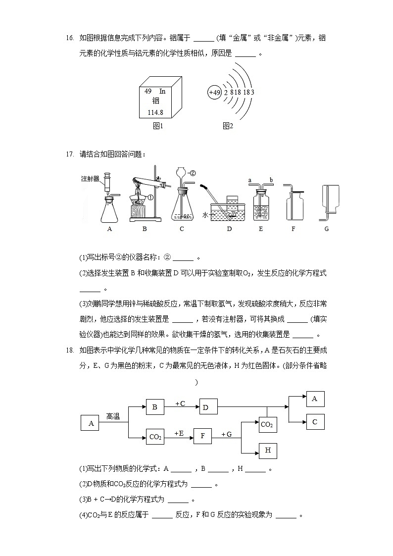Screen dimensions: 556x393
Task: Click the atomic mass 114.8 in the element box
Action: pyautogui.click(x=155, y=112)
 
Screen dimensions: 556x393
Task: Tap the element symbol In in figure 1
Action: pyautogui.click(x=162, y=91)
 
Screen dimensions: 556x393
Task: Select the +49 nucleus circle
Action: pyautogui.click(x=214, y=92)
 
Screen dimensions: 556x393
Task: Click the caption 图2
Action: pyautogui.click(x=227, y=126)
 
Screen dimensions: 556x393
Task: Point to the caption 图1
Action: pyautogui.click(x=158, y=126)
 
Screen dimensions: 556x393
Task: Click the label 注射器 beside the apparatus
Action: pyautogui.click(x=91, y=178)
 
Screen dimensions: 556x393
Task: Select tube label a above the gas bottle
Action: pyautogui.click(x=250, y=180)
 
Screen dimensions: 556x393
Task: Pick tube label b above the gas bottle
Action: pyautogui.click(x=271, y=180)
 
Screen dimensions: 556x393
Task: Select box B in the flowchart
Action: pyautogui.click(x=154, y=407)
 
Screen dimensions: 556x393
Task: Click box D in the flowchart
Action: pyautogui.click(x=206, y=407)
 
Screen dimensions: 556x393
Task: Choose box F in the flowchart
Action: pyautogui.click(x=202, y=436)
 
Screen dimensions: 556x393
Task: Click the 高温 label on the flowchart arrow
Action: pyautogui.click(x=113, y=416)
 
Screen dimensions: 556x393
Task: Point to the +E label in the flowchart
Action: pyautogui.click(x=179, y=433)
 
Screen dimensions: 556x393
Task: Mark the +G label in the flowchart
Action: pyautogui.click(x=226, y=434)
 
